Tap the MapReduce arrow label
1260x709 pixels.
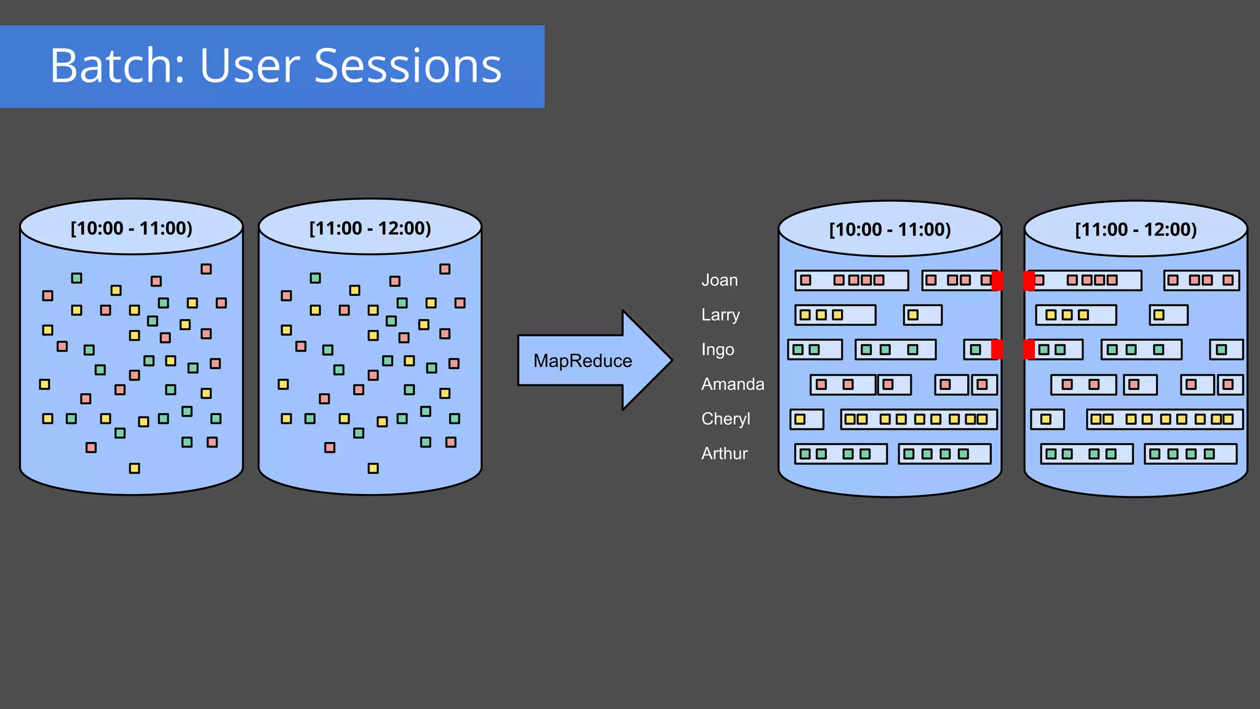tap(582, 361)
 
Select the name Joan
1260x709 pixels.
tap(719, 280)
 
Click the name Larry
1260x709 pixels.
tap(720, 315)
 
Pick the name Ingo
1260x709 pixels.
tap(717, 350)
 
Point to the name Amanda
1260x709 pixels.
tap(732, 384)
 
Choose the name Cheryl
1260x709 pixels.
tap(725, 419)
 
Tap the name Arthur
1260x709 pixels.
tap(724, 454)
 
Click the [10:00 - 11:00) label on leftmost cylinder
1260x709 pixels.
tap(131, 228)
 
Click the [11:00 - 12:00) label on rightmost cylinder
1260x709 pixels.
tap(1135, 229)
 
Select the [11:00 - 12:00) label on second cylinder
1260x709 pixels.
tap(370, 228)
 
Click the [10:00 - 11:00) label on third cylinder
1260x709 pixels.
tap(890, 229)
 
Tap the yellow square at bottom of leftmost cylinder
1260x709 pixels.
tap(134, 469)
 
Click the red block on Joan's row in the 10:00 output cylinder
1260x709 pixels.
tap(997, 280)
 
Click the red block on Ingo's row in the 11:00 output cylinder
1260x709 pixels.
tap(1029, 350)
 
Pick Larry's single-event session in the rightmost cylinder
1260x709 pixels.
tap(1168, 315)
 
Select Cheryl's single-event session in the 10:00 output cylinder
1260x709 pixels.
tap(807, 419)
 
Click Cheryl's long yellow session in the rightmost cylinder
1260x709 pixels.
tap(1164, 419)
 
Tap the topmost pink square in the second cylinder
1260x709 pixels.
tap(445, 269)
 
